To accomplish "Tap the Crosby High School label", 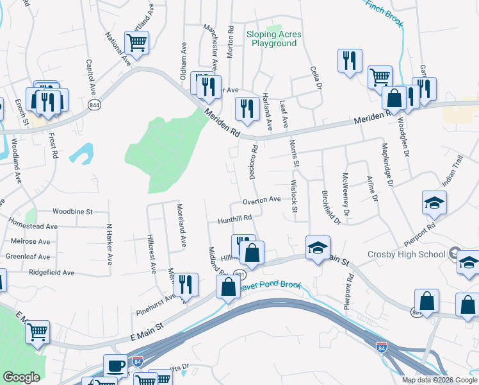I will point(406,254).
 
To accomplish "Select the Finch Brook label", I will point(384,13).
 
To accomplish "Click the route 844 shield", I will point(95,106).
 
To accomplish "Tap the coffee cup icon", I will point(115,366).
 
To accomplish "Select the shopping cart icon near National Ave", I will point(136,43).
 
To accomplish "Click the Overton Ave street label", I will point(261,200).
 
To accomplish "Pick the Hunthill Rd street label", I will point(234,218).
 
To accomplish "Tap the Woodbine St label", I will point(72,211).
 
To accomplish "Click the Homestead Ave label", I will point(33,227).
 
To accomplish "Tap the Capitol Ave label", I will point(91,76).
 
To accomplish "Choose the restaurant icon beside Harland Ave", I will point(247,109).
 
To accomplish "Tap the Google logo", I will point(21,378).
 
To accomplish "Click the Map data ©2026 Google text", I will point(439,380).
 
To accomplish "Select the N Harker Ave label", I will point(110,244).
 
